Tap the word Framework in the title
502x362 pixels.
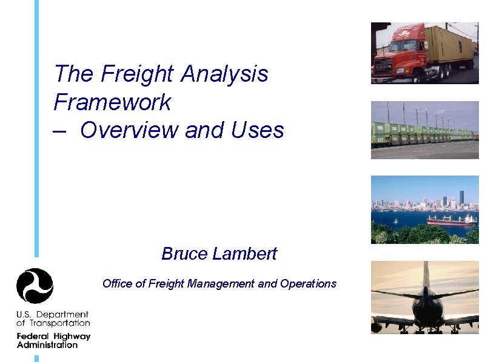(x=112, y=102)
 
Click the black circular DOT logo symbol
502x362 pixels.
(x=35, y=286)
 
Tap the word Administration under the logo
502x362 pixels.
(x=47, y=345)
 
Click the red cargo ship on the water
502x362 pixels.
(x=451, y=220)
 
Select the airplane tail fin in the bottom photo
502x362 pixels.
(x=426, y=275)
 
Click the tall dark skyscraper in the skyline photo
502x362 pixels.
(x=461, y=197)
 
